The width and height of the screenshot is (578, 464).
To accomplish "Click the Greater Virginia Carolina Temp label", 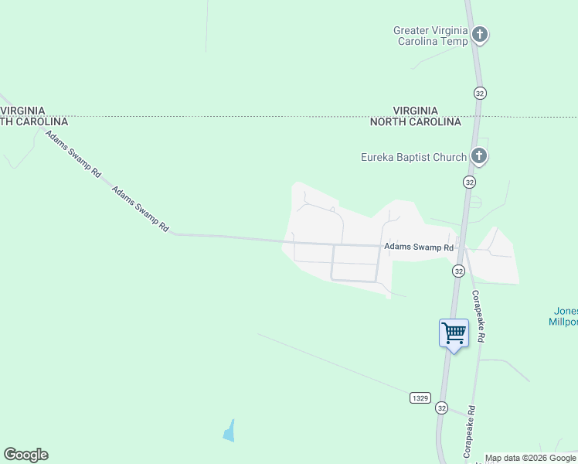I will [x=430, y=36].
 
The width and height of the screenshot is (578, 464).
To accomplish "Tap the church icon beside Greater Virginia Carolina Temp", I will [x=480, y=34].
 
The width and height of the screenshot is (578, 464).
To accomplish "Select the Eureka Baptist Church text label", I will [x=413, y=157].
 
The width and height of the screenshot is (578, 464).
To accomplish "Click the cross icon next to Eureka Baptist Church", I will [x=479, y=157].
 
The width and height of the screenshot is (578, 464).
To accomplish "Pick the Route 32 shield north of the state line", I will [x=481, y=93].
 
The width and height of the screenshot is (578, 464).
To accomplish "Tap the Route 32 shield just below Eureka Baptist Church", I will [x=470, y=182].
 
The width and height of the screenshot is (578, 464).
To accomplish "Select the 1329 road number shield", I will [x=420, y=397].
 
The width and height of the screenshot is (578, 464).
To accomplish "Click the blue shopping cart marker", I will [x=454, y=333].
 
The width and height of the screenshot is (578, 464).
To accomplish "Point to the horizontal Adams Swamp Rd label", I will [x=419, y=247].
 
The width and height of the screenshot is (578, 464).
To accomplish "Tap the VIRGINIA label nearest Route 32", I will [x=415, y=111].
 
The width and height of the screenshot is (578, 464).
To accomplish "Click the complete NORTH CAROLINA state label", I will [x=415, y=122].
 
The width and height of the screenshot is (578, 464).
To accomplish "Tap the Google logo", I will [x=25, y=455].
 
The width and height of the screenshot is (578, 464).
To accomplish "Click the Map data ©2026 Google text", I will [x=530, y=458].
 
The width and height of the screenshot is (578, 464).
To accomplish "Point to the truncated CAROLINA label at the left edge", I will [x=34, y=121].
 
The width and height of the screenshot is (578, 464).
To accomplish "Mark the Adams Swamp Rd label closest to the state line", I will [x=73, y=155].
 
